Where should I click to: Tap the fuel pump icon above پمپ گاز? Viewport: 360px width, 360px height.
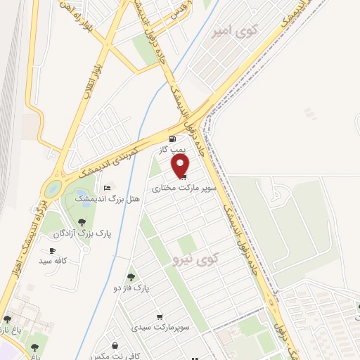coord(173,139)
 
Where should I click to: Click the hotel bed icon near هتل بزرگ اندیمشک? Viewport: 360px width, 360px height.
coord(107,188)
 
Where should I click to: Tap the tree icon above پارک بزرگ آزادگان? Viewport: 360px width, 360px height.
coord(83,222)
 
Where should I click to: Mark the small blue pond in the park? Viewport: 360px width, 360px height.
coord(82,195)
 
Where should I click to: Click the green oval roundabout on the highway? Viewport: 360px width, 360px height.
coord(52,188)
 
